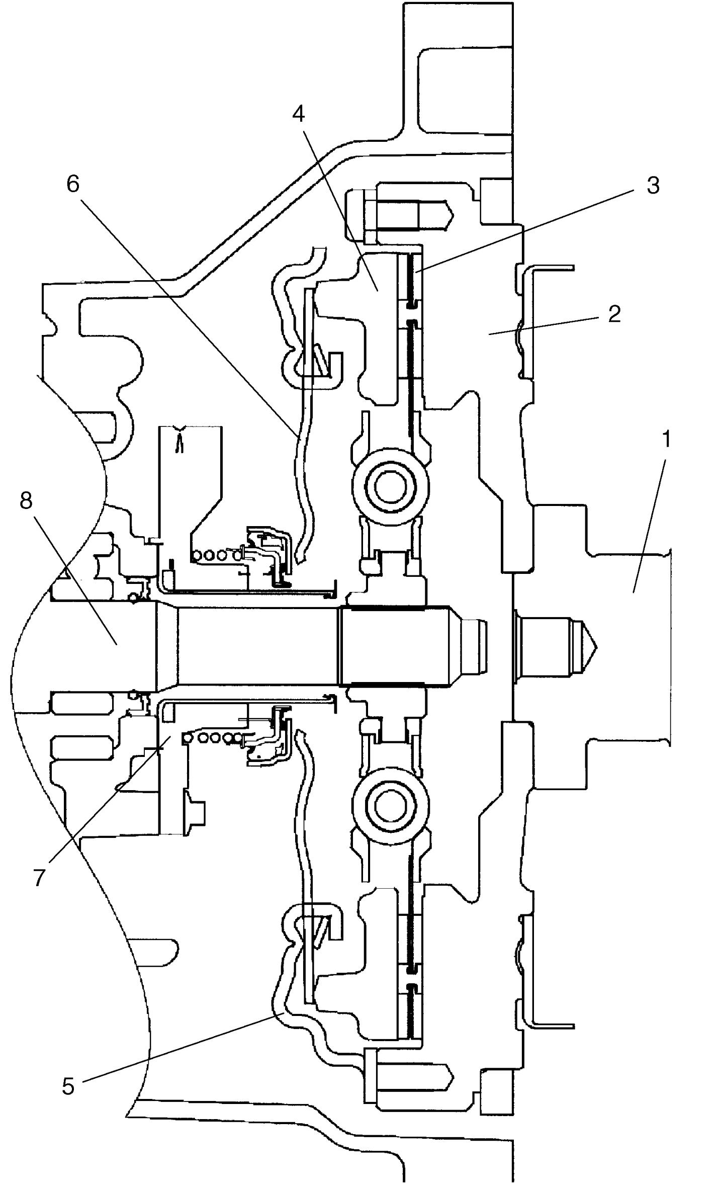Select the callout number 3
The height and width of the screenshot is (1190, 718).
click(x=653, y=185)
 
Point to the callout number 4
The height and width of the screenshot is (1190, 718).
click(x=299, y=115)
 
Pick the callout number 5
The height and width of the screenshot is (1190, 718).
click(x=68, y=1086)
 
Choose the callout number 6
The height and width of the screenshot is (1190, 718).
click(x=73, y=185)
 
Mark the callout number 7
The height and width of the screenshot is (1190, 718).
click(x=40, y=877)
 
